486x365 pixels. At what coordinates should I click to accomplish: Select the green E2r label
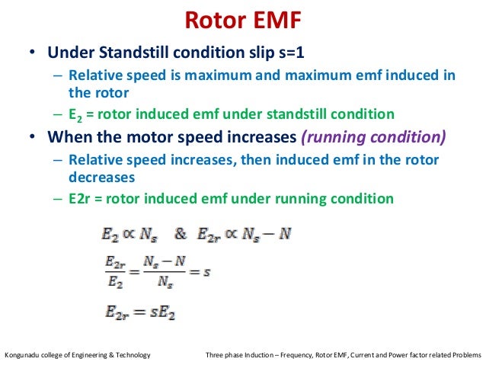click(78, 198)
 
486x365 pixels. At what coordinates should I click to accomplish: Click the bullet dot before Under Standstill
click(32, 55)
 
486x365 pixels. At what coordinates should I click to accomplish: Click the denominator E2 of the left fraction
click(111, 280)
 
